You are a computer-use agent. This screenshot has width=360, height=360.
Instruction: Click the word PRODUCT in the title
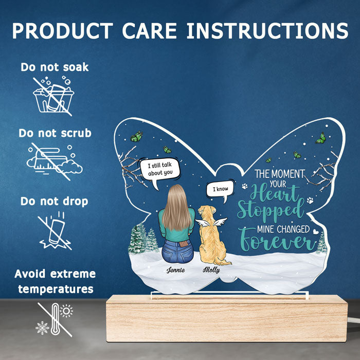pyautogui.click(x=63, y=30)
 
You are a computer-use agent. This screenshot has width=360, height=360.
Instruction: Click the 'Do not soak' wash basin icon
pyautogui.click(x=53, y=97)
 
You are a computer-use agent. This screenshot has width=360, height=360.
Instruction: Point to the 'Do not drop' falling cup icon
pyautogui.click(x=55, y=230)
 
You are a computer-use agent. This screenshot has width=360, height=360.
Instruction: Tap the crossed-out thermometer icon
pyautogui.click(x=55, y=319)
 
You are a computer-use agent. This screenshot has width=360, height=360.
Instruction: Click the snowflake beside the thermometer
pyautogui.click(x=43, y=328)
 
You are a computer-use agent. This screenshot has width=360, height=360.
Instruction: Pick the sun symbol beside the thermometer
pyautogui.click(x=66, y=311)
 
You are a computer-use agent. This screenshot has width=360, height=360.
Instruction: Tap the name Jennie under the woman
pyautogui.click(x=176, y=270)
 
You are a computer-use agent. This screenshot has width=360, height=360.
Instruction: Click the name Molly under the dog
pyautogui.click(x=211, y=270)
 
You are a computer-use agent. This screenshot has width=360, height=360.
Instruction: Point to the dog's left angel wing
pyautogui.click(x=203, y=223)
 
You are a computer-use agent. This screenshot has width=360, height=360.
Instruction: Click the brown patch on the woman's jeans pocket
pyautogui.click(x=183, y=243)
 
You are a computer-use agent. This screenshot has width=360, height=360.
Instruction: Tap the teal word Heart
pyautogui.click(x=275, y=193)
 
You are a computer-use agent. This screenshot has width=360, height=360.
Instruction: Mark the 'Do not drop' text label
pyautogui.click(x=55, y=202)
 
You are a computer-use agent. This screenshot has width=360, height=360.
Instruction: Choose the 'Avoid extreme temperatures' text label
pyautogui.click(x=55, y=281)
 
